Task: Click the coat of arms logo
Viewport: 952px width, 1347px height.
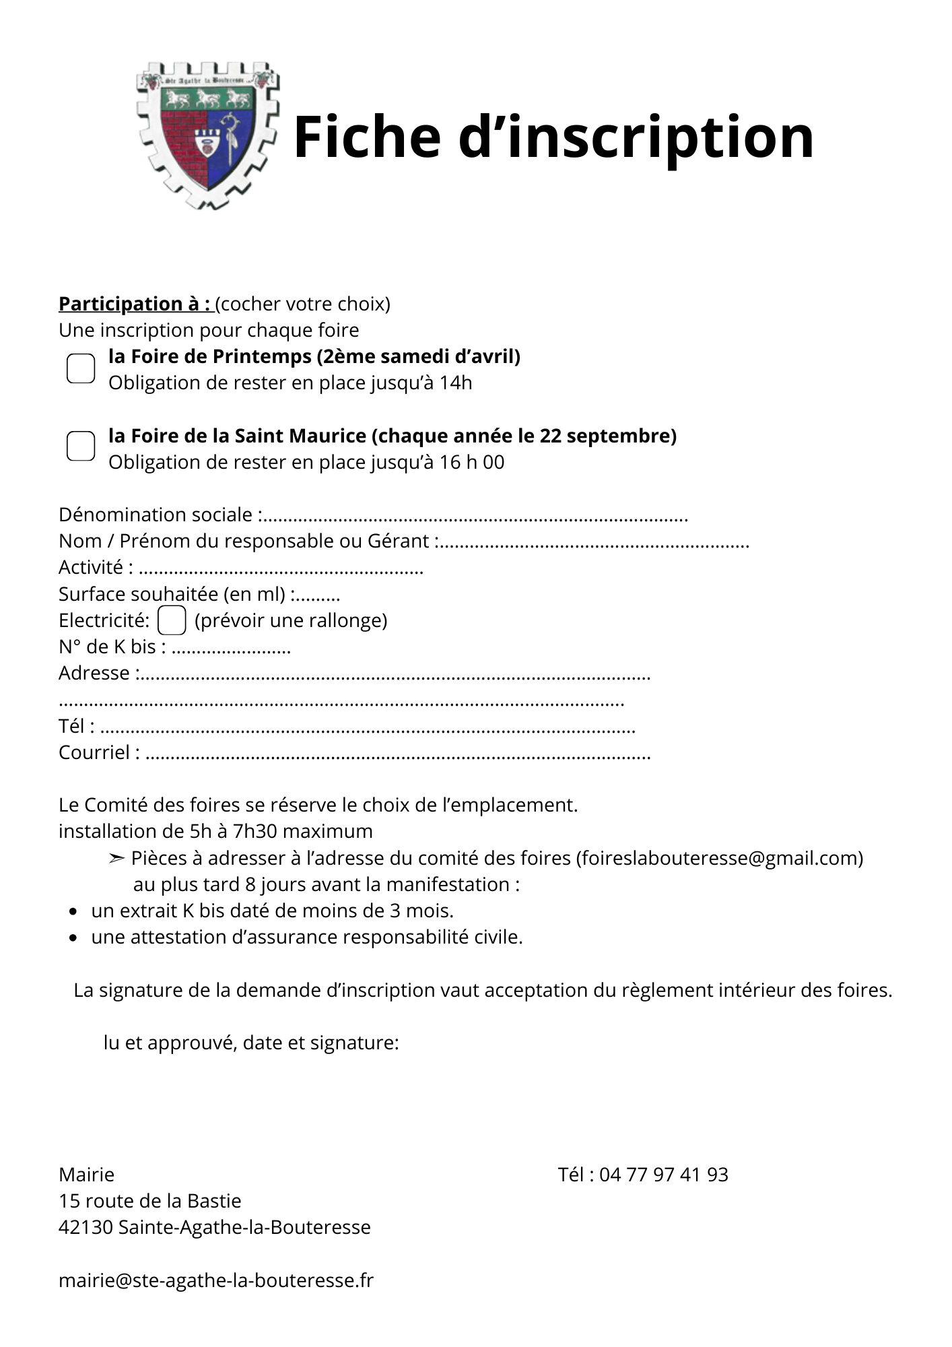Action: [x=207, y=135]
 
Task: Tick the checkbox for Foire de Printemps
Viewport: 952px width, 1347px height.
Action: [x=81, y=368]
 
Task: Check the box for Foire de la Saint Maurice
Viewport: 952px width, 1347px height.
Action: [x=81, y=446]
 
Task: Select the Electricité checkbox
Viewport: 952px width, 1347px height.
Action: [x=172, y=620]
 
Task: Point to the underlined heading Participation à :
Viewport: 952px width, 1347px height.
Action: [x=135, y=304]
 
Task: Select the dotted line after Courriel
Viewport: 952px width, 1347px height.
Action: [x=398, y=755]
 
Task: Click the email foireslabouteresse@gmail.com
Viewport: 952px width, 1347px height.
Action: [x=719, y=858]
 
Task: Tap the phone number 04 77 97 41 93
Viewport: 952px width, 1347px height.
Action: [x=663, y=1175]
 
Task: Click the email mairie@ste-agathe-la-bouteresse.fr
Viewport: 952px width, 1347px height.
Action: [x=215, y=1280]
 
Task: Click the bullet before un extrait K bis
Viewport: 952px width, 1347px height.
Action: [x=73, y=912]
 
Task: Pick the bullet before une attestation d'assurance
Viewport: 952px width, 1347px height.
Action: [x=73, y=938]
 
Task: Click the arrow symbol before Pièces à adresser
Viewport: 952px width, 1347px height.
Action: [x=116, y=858]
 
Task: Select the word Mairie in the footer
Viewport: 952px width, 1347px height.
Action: [x=86, y=1175]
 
